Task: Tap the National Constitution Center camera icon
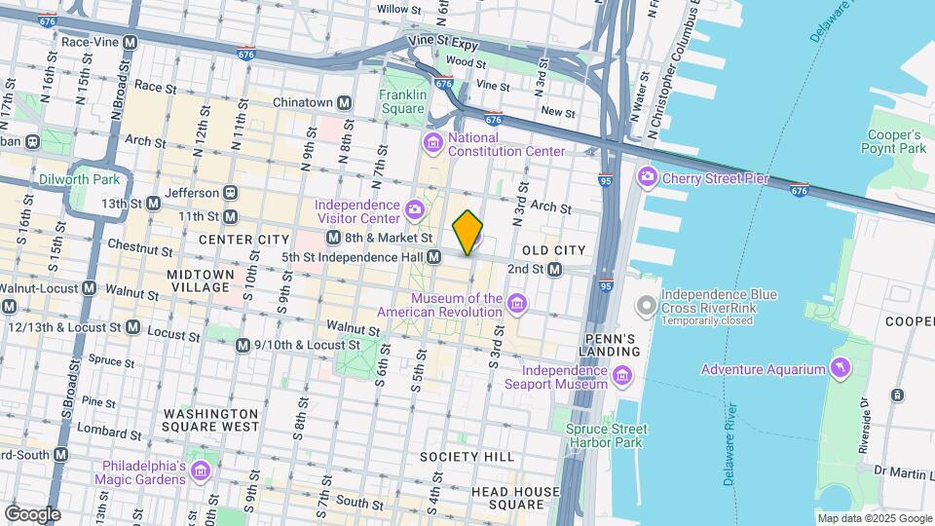[432, 144]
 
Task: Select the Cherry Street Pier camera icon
[647, 177]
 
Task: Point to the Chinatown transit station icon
[345, 102]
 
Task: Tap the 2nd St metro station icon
[554, 269]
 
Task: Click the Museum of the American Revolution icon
[517, 305]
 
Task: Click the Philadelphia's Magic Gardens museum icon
[202, 472]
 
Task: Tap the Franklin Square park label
[403, 101]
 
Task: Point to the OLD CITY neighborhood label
[552, 250]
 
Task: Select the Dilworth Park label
[79, 179]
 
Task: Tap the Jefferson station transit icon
[230, 193]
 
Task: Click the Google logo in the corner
[32, 514]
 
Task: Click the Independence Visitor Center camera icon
[415, 209]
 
